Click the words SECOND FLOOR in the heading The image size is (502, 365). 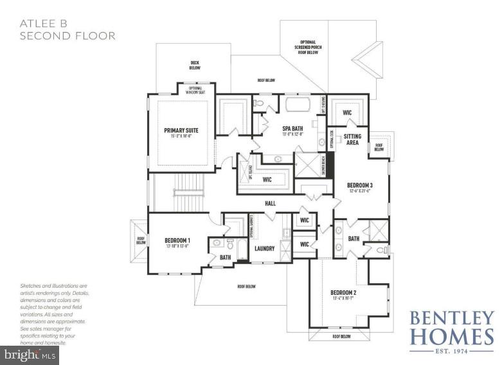[x=67, y=36]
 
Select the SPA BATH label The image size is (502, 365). [x=292, y=127]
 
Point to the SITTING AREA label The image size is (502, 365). [x=352, y=140]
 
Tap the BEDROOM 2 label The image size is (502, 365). [x=343, y=292]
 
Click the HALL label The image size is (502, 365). [x=270, y=203]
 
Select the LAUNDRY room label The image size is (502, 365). [x=264, y=248]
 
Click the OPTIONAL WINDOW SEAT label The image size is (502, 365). [x=194, y=90]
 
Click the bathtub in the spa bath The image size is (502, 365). [x=298, y=104]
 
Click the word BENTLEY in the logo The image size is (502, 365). [x=451, y=318]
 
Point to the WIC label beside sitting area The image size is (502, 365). [x=347, y=113]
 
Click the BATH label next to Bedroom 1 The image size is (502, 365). [x=225, y=257]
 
